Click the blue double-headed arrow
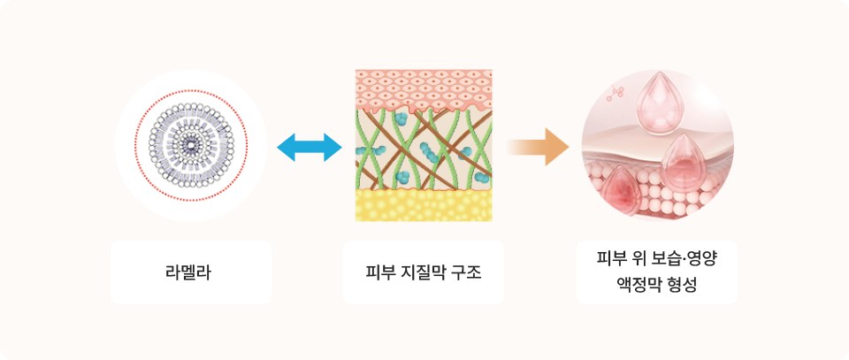coord(310,147)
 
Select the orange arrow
coord(538,147)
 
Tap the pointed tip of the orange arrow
coord(569,147)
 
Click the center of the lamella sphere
coord(191,146)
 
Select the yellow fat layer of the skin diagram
coord(424,205)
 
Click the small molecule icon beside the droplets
coord(616,93)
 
